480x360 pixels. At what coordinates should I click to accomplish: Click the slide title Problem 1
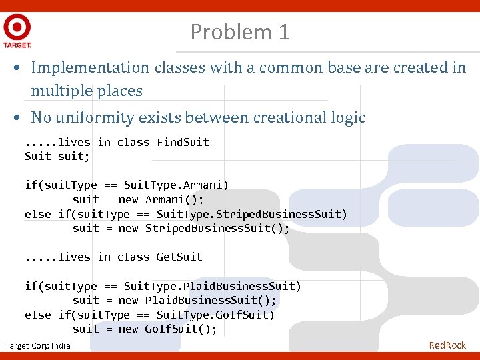click(239, 31)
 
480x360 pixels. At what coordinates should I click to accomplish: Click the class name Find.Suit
click(183, 142)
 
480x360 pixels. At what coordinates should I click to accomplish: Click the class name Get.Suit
click(179, 257)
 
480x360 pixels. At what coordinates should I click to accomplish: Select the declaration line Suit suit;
click(57, 156)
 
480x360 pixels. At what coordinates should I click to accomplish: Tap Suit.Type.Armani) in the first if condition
click(176, 185)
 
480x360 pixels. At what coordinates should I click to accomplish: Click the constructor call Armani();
click(174, 199)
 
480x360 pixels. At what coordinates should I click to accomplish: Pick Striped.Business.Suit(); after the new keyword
click(217, 228)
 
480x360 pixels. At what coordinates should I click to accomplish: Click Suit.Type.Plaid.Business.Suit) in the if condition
click(213, 286)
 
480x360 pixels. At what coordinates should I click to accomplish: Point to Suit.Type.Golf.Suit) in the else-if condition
click(215, 315)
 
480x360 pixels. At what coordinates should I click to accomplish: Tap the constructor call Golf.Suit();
click(181, 329)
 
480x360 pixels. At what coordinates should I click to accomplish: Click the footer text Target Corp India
click(37, 345)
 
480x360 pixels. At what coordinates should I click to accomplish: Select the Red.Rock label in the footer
click(447, 345)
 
